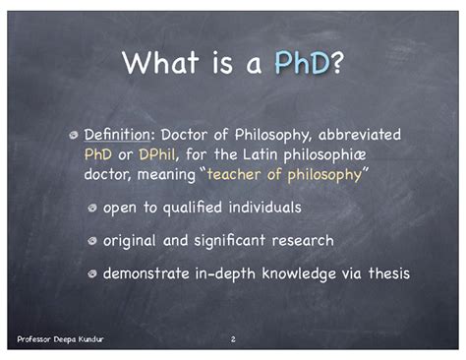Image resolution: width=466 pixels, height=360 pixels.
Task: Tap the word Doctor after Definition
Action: coord(186,134)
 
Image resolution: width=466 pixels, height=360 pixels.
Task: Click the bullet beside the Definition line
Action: coord(73,134)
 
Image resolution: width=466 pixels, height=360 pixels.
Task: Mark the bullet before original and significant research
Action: coord(91,241)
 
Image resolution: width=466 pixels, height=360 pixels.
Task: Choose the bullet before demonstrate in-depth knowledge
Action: coord(91,274)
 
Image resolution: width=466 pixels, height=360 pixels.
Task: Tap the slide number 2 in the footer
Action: coord(233,339)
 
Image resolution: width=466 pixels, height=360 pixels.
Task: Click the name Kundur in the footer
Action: coord(87,339)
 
